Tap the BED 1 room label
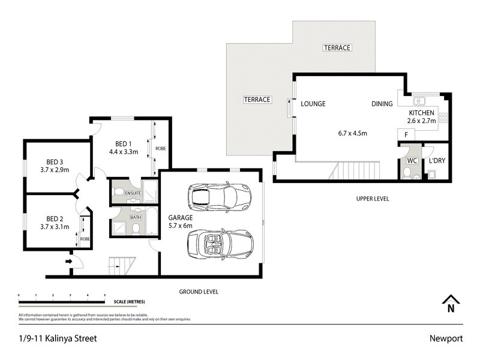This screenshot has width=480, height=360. pos(124,144)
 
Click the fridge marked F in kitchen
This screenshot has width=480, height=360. pos(406,135)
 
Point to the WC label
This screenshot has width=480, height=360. pos(412,161)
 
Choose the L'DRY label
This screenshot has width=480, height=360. pos(436,161)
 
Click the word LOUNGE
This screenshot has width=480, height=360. pos(313,104)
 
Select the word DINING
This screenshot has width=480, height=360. pos(382,104)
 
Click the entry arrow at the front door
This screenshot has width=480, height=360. pos(68,261)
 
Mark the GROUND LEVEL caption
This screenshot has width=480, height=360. pos(199,292)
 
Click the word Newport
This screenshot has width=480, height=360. pos(446,338)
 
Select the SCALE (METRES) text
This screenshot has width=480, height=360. pos(128,301)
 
